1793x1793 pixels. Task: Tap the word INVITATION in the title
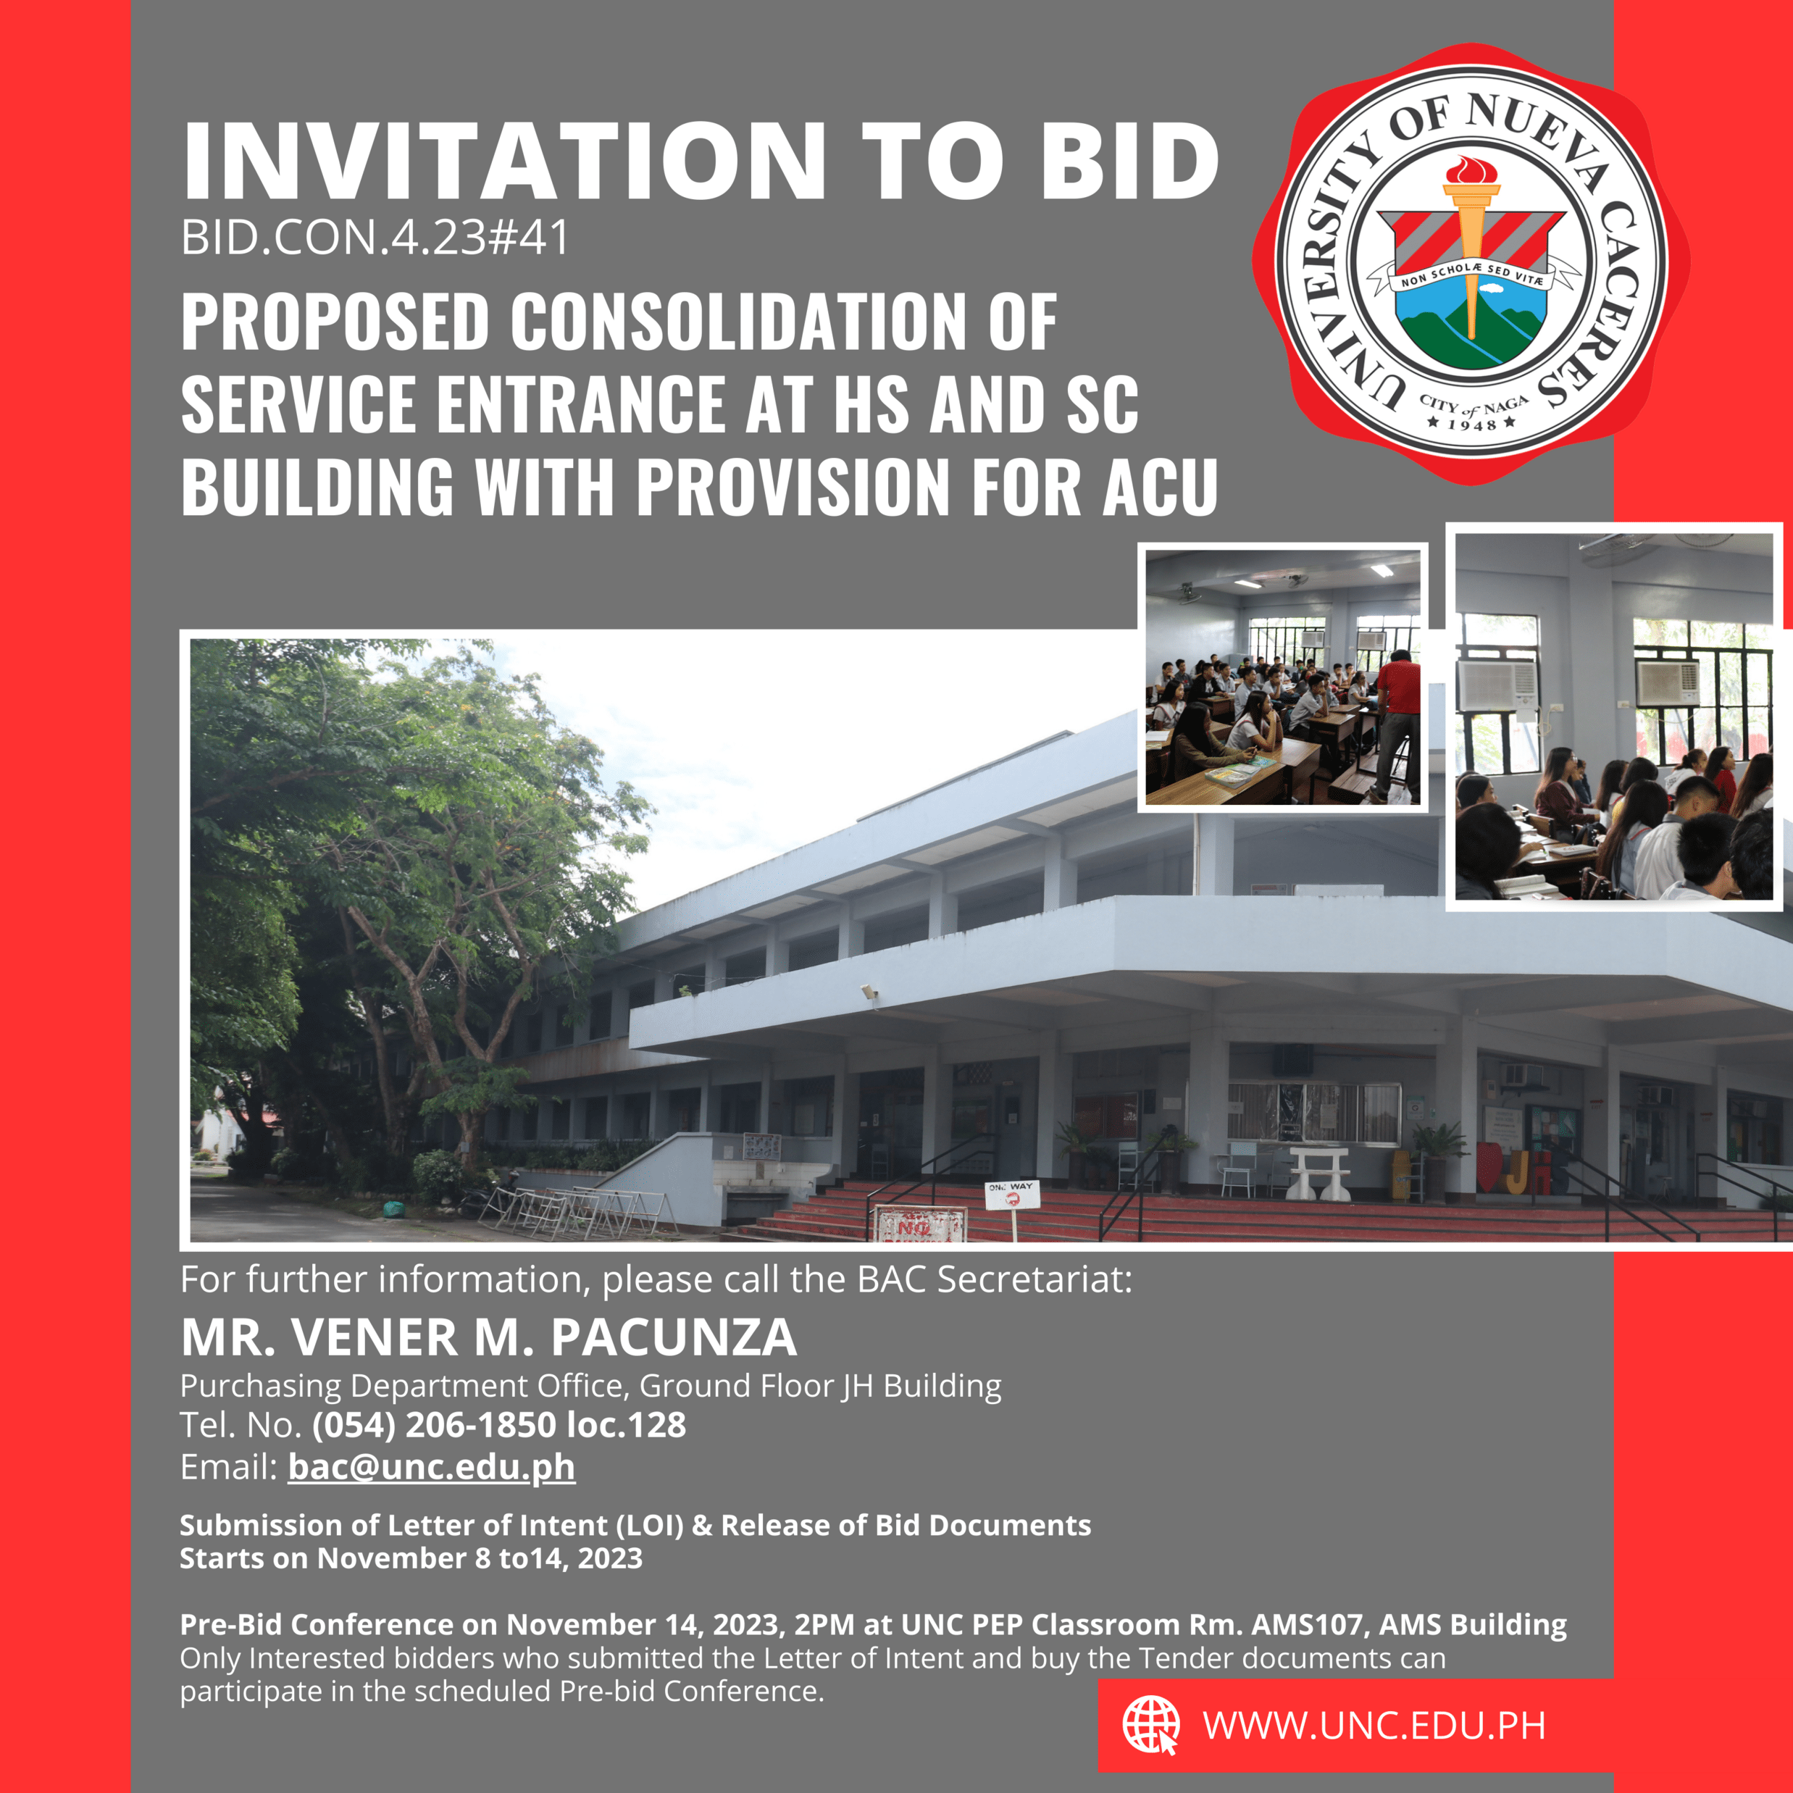[505, 161]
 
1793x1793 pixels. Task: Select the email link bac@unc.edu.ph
[432, 1467]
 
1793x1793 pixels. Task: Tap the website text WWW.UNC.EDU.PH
[1374, 1725]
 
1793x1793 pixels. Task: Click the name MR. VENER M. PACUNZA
[489, 1337]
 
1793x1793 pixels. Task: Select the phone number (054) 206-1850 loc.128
[499, 1424]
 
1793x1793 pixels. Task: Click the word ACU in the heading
[1159, 486]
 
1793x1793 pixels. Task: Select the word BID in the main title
[1129, 161]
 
